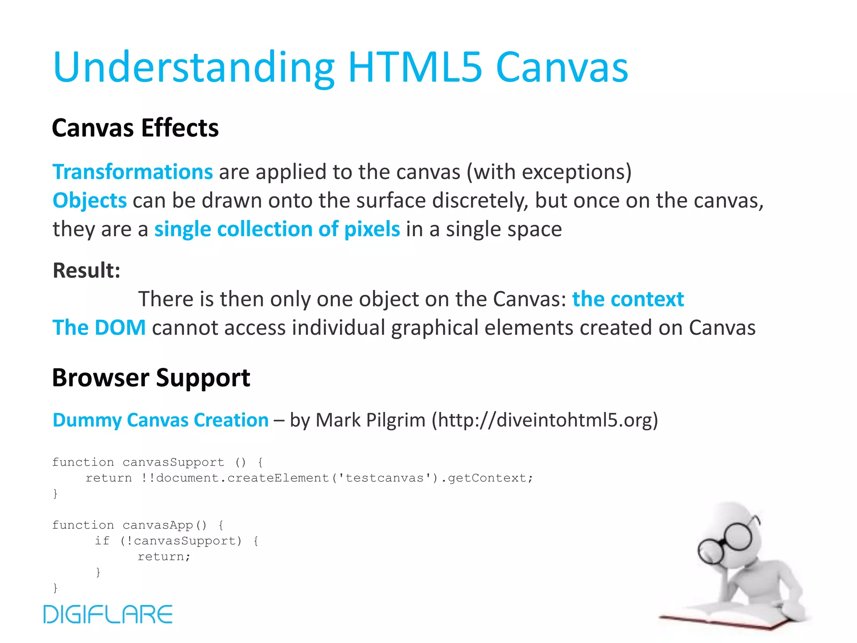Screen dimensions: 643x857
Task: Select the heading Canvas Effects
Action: [x=135, y=128]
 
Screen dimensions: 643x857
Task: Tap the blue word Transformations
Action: [x=133, y=172]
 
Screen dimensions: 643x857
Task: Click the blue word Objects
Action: [x=90, y=201]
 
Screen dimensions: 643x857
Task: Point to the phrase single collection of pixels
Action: [x=277, y=229]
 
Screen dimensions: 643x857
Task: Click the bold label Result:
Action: [x=87, y=270]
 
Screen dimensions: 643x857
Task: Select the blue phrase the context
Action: [x=628, y=299]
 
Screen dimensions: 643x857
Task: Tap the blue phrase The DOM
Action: [x=99, y=328]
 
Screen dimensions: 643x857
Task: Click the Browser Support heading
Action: [x=151, y=378]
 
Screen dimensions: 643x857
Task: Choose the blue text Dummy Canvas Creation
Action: [x=161, y=420]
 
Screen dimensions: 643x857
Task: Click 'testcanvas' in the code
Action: [x=385, y=478]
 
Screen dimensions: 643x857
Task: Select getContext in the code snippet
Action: [x=488, y=478]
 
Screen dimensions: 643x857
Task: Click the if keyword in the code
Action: [x=102, y=541]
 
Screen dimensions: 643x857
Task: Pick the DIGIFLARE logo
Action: [x=108, y=614]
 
